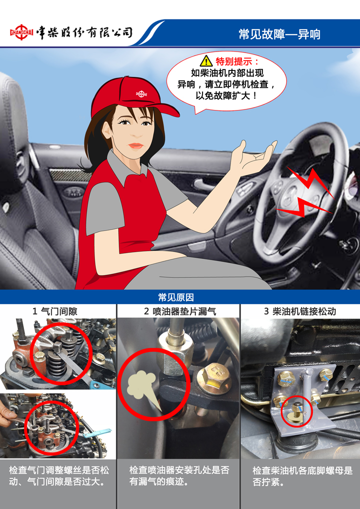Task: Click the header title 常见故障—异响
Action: point(279,34)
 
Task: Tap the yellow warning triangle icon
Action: point(206,60)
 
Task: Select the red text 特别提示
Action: point(237,61)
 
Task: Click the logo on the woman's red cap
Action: point(141,94)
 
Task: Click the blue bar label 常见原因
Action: point(176,297)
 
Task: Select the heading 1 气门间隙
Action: point(55,311)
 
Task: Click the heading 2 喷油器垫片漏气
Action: point(180,311)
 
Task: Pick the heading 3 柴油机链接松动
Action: point(299,311)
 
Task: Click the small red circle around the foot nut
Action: point(296,411)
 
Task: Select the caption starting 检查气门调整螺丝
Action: point(59,476)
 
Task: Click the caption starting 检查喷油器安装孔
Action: point(179,476)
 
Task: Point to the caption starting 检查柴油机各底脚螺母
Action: point(302,476)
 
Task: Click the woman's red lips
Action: point(135,146)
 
